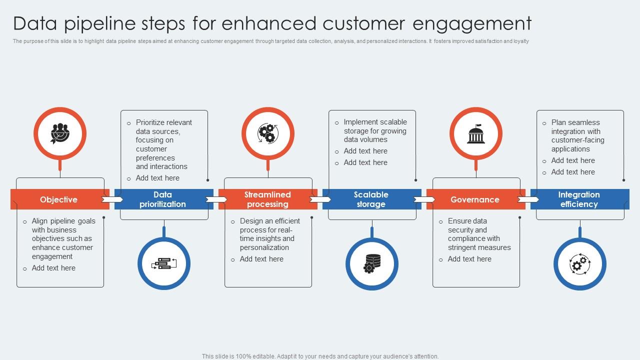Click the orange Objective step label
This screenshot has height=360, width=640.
coord(58,199)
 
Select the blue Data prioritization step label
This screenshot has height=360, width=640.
coord(162,199)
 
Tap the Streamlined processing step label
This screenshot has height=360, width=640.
coord(267,199)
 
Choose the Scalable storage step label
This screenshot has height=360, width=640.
coord(370,199)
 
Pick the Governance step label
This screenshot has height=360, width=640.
coord(474,199)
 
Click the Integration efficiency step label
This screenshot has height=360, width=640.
coord(578,199)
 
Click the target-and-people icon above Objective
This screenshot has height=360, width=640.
coord(60,133)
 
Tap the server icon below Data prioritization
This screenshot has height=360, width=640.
coord(164,263)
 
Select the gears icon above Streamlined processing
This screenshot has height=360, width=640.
coord(268,133)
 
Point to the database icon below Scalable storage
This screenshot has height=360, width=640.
coord(372,263)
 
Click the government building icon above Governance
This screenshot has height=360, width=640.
coord(476,133)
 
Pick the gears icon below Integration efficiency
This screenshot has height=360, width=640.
coord(580,263)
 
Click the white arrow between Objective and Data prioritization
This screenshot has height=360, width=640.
coord(112,199)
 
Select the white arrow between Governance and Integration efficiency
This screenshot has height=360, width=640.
coord(528,199)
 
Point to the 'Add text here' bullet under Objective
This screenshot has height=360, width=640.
coord(53,268)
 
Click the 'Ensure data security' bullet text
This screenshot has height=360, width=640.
coord(478,234)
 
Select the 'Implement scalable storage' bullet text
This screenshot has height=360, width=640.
coord(375,130)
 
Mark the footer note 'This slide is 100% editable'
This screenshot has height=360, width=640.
coord(320,356)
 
